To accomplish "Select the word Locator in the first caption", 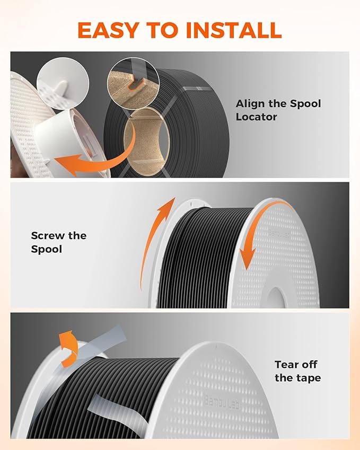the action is [x=257, y=117].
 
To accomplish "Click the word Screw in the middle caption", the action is [x=48, y=236].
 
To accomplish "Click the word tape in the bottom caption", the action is [x=309, y=378].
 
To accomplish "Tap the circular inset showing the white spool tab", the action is [x=63, y=84].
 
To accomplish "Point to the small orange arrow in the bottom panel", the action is [x=68, y=348].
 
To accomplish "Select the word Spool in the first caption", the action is [x=305, y=103].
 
